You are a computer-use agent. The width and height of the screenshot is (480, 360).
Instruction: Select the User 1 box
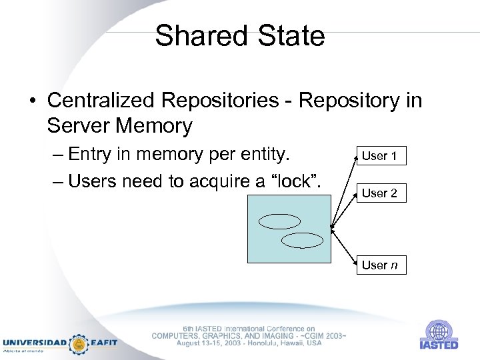coord(379,156)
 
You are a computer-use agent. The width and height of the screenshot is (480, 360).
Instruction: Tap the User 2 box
coord(379,193)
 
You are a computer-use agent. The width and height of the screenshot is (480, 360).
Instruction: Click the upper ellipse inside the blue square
coord(274,221)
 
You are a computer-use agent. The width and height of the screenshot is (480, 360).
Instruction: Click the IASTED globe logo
coord(438,331)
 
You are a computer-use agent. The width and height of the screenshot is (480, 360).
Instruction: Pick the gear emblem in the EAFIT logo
coord(79,343)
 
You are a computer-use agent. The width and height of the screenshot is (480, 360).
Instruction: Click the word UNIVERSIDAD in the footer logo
coord(35,343)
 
